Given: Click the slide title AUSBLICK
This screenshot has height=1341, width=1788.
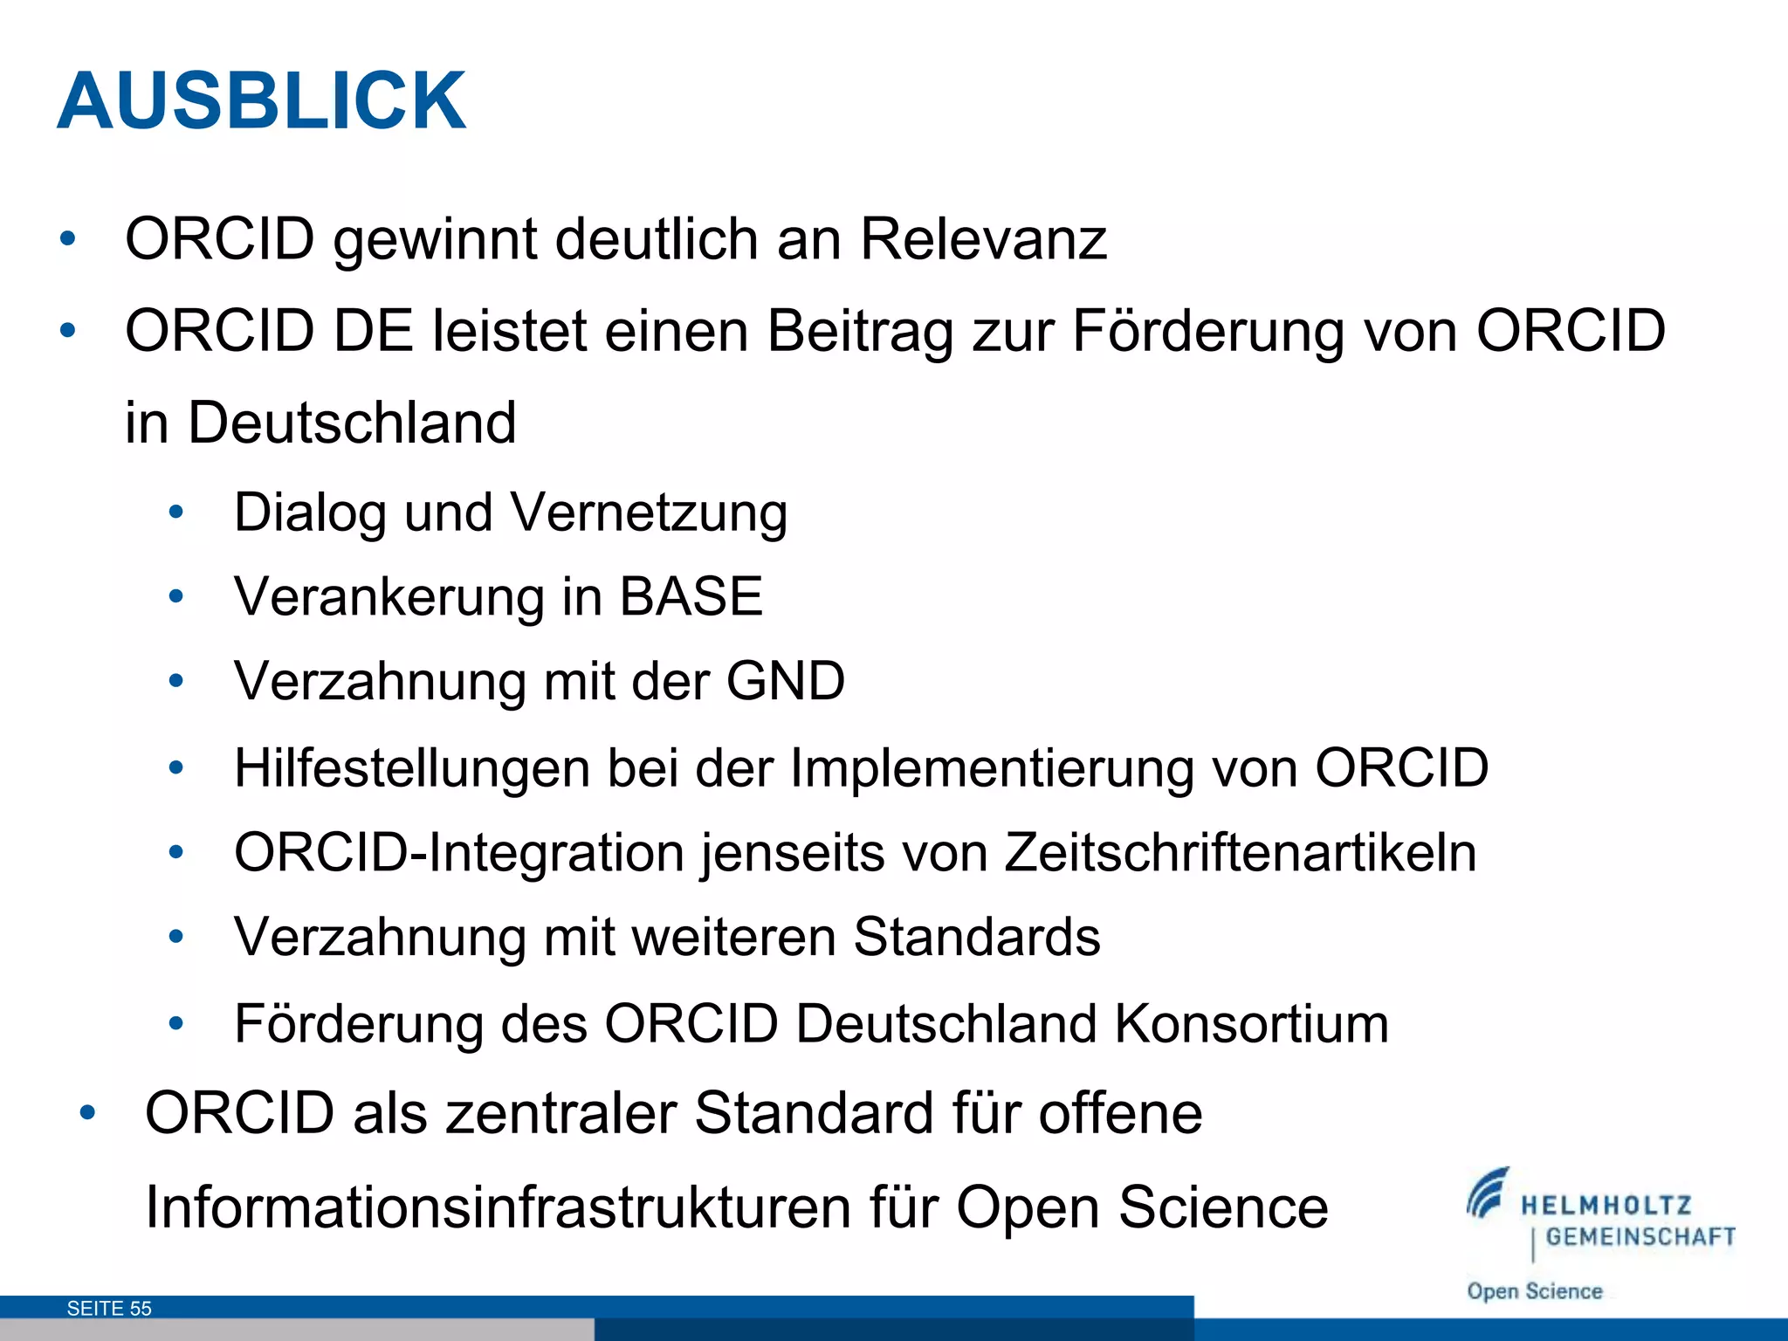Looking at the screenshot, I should click(262, 101).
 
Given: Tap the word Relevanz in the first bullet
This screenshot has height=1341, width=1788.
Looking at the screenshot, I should click(983, 238).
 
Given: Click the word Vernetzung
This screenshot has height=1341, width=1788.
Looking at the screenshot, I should click(649, 512).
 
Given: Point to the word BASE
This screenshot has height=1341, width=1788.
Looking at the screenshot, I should click(691, 597).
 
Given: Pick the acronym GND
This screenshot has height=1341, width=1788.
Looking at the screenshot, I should click(785, 681).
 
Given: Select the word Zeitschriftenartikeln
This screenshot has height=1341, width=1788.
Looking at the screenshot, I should click(1240, 852).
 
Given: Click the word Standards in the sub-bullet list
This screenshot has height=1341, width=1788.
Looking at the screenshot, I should click(976, 937).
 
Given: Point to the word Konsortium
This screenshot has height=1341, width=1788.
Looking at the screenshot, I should click(1251, 1023).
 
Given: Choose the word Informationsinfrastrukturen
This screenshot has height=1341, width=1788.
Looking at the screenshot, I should click(498, 1207).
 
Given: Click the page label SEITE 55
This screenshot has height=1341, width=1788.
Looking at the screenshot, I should click(109, 1308).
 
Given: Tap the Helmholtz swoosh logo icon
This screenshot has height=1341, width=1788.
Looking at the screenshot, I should click(1488, 1193).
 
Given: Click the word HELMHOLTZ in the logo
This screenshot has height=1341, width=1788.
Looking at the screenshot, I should click(1606, 1206).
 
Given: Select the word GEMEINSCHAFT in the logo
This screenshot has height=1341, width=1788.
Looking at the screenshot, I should click(1640, 1237).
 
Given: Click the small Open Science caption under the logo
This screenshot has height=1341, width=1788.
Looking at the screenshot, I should click(1534, 1291).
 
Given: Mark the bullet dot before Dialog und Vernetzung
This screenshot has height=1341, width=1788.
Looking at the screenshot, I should click(176, 513).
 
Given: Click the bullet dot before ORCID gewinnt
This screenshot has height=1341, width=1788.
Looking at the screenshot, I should click(67, 238).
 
